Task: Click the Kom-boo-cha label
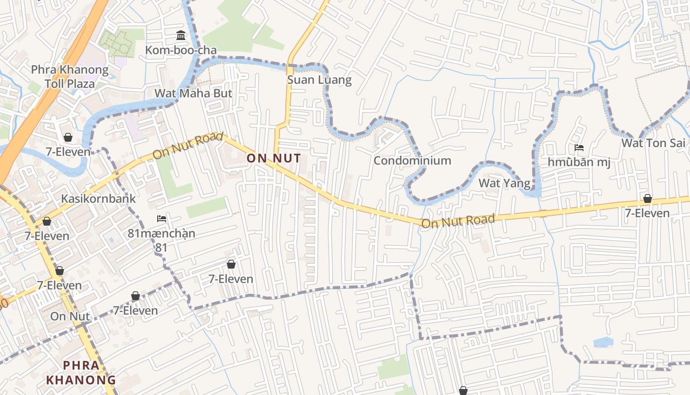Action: coord(180,50)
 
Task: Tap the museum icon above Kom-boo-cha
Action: coord(181,36)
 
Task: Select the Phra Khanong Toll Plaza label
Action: coord(69,77)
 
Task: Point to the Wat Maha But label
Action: coord(193,93)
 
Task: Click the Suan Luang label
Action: coord(319,80)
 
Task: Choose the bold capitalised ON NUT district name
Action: coord(274,158)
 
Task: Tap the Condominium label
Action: coord(412,160)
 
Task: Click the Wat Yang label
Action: coord(505,184)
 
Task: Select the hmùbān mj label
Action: coord(579,162)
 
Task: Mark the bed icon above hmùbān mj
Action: coord(579,148)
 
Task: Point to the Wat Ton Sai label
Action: coord(653,143)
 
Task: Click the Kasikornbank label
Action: coord(98,198)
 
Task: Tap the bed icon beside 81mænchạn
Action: coord(161,219)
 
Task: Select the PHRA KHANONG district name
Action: coord(81,373)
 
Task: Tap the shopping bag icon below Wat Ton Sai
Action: coord(647,198)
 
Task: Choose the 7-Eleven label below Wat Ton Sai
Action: coord(647,213)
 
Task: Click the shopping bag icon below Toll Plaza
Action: coord(68,137)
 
